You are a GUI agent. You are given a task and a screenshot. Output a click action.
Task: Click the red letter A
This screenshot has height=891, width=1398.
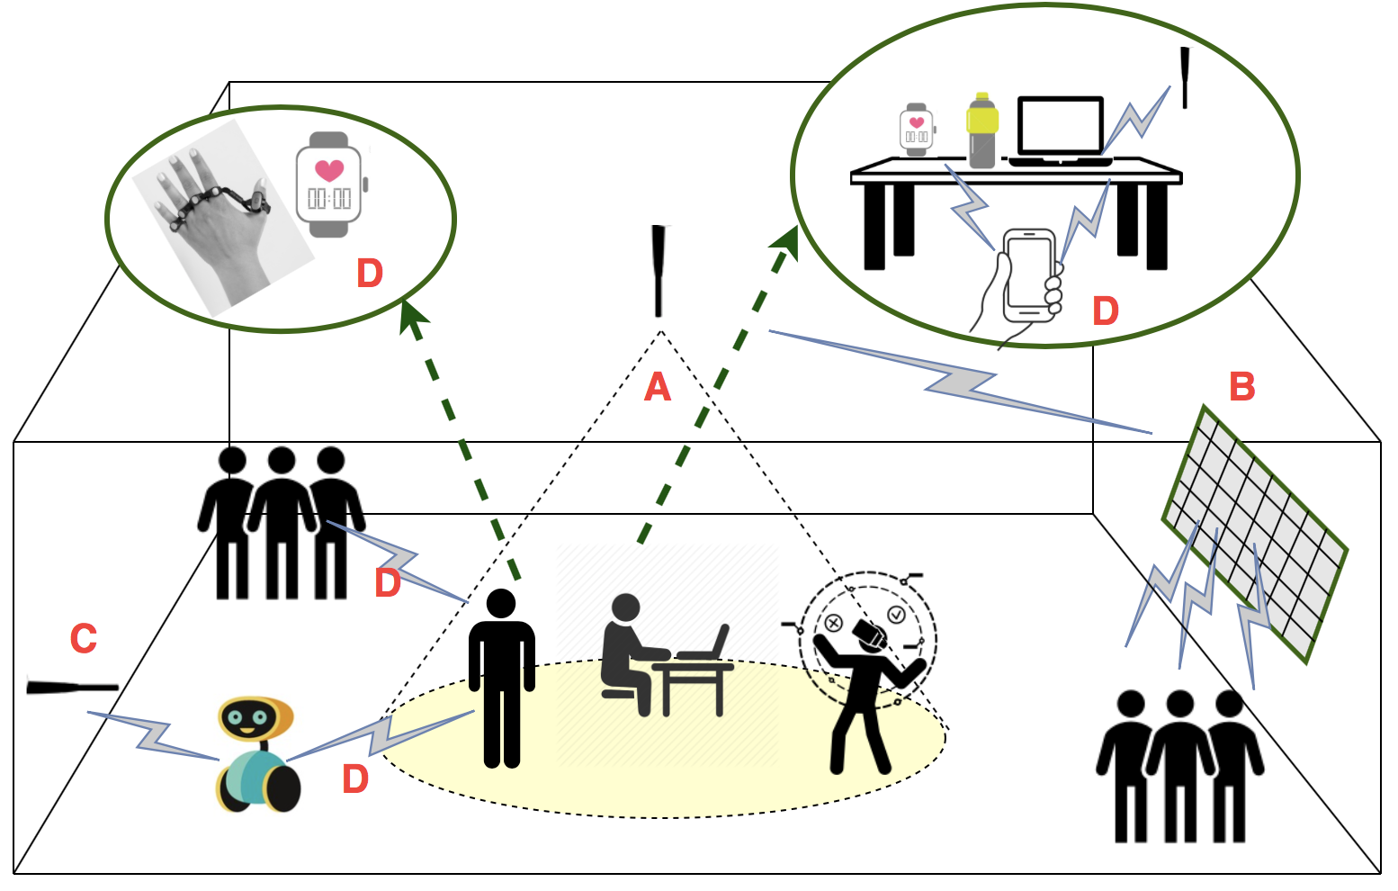click(658, 388)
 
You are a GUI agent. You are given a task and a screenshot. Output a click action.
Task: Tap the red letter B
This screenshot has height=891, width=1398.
click(1241, 387)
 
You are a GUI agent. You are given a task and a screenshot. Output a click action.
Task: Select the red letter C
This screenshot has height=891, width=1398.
click(84, 639)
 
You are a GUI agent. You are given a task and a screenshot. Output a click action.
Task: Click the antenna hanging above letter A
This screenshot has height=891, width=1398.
click(659, 270)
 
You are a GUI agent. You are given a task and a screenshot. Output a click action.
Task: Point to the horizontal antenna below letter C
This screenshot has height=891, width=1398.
click(72, 688)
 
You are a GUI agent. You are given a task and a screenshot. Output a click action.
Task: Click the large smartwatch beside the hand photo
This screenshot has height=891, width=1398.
click(329, 184)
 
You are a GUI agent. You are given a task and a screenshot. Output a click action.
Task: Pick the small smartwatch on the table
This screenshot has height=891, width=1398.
click(916, 130)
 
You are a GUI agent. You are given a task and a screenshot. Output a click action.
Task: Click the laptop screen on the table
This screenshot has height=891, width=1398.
click(1061, 126)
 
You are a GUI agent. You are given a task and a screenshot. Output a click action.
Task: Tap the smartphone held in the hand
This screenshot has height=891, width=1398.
click(1029, 274)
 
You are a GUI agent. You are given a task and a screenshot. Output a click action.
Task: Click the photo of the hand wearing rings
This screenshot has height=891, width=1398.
click(220, 216)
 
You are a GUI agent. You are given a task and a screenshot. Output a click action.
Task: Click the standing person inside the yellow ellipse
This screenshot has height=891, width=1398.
click(501, 675)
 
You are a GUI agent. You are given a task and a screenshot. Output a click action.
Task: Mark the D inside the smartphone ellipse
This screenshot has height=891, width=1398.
click(1105, 311)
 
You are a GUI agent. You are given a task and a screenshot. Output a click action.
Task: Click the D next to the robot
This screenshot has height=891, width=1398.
click(355, 779)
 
